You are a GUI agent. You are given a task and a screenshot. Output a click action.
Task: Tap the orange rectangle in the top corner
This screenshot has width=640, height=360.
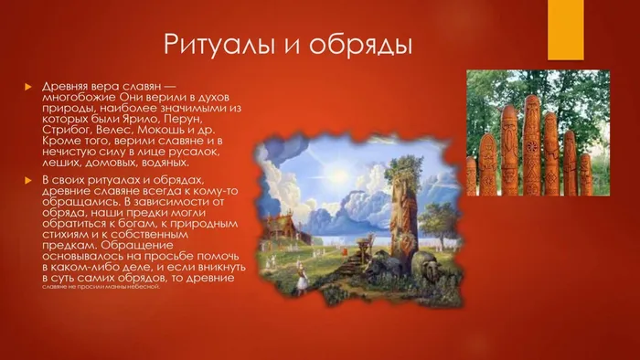(x=566, y=26)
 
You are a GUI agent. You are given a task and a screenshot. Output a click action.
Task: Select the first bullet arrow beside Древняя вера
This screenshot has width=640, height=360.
(x=27, y=87)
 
